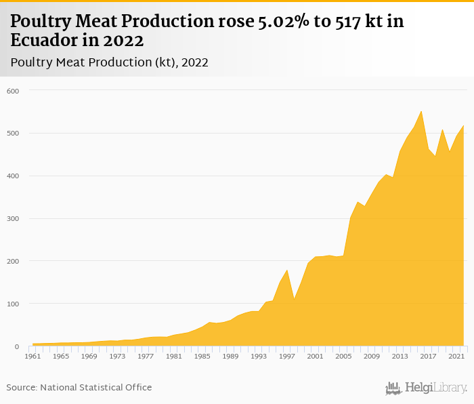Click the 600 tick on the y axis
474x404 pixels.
pyautogui.click(x=13, y=91)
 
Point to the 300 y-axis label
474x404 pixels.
pyautogui.click(x=13, y=219)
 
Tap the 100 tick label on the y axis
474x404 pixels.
pyautogui.click(x=13, y=304)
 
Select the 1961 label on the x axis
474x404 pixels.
pyautogui.click(x=32, y=356)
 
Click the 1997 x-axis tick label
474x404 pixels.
pyautogui.click(x=288, y=356)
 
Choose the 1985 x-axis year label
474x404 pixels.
pyautogui.click(x=202, y=356)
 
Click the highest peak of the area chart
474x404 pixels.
pyautogui.click(x=421, y=112)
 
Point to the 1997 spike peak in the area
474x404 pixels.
pyautogui.click(x=287, y=270)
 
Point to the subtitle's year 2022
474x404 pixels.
pyautogui.click(x=193, y=62)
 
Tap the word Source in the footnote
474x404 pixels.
pyautogui.click(x=21, y=387)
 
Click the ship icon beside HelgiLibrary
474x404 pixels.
pyautogui.click(x=393, y=388)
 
